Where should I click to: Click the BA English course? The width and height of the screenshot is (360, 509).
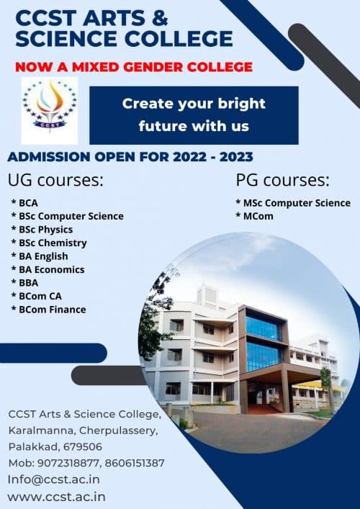coord(42,256)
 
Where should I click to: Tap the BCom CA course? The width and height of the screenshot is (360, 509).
coord(40,296)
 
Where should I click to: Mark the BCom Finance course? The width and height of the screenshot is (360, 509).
coord(51,310)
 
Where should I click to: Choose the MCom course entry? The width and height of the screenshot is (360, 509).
coord(257,216)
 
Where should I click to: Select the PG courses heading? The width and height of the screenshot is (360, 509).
coord(282,179)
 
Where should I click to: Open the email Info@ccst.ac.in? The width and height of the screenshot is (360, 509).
coord(54,479)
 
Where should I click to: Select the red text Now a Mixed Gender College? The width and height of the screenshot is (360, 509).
coord(134,67)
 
